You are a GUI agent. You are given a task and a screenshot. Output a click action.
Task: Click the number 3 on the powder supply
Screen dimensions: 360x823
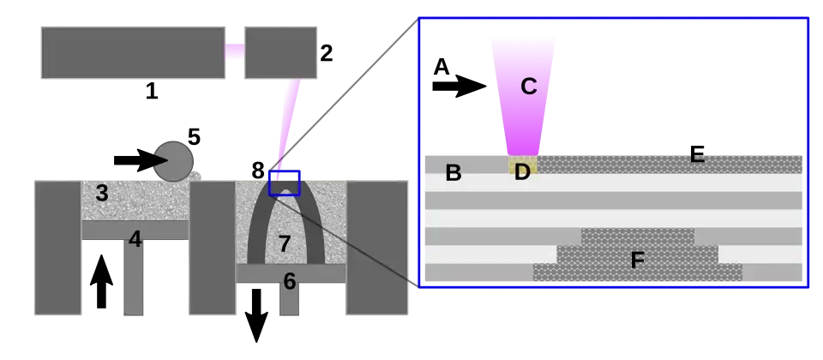[x=102, y=193]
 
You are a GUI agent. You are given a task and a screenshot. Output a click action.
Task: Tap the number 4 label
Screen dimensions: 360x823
[x=135, y=239]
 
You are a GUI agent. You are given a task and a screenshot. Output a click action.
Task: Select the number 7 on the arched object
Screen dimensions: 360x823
[x=285, y=244]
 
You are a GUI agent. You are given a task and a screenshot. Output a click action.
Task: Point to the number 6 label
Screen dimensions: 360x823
[x=290, y=281]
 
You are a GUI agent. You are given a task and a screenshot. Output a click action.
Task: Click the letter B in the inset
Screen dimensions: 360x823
[x=454, y=173]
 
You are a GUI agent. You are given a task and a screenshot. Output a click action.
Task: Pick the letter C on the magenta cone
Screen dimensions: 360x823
[x=529, y=87]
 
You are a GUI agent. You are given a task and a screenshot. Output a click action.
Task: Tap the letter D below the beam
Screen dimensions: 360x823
[x=522, y=173]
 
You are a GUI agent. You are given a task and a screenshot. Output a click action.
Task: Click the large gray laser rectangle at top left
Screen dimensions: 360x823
[x=130, y=51]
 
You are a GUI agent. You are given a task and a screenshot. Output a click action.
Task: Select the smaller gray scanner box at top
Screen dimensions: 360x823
[x=280, y=51]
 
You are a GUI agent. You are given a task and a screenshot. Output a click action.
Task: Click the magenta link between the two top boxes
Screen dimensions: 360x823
[x=233, y=51]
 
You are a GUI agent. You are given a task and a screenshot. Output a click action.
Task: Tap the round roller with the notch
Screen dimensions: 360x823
[x=175, y=161]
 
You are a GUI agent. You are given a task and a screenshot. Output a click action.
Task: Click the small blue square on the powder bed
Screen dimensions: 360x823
[x=285, y=183]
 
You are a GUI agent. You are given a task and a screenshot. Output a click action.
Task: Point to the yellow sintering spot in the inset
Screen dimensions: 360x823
[x=523, y=162]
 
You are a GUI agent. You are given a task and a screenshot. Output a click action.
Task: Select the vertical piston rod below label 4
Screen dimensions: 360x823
[x=134, y=279]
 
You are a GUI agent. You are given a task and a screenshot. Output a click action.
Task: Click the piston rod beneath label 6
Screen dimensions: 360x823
[x=290, y=302]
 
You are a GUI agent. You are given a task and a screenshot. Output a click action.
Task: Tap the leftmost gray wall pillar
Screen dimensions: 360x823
[x=57, y=247]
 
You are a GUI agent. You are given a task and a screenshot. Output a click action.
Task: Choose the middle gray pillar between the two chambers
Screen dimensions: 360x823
[x=212, y=247]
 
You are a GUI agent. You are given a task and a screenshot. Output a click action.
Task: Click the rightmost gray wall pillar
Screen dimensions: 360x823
[x=377, y=247]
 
